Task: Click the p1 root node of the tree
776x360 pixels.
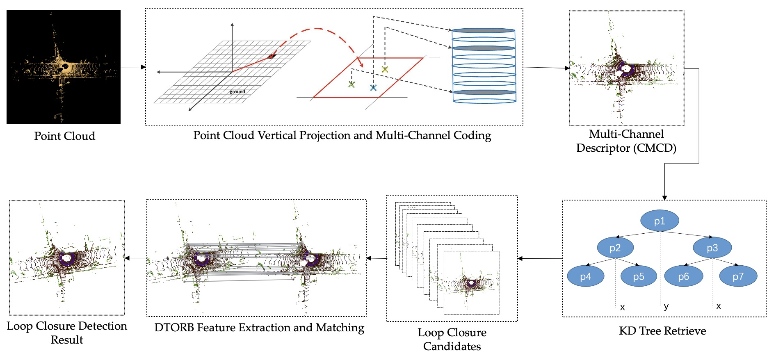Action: coord(660,221)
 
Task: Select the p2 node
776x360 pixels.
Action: coord(615,248)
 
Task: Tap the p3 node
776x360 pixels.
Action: coord(712,248)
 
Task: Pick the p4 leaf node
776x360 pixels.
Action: coord(585,276)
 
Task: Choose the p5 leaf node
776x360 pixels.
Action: coord(639,276)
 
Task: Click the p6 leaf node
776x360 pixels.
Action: coord(683,276)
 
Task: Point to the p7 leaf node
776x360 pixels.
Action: coord(738,276)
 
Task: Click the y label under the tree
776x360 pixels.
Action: coord(666,306)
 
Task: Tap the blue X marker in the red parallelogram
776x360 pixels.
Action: coord(373,87)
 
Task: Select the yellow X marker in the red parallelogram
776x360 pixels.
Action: coord(385,70)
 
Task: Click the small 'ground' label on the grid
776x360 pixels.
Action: coord(237,91)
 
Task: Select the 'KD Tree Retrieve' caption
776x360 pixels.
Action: coord(662,331)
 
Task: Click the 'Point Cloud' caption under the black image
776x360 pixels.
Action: coord(64,136)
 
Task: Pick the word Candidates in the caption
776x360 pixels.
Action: coord(452,346)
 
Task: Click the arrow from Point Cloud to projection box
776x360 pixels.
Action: coord(133,67)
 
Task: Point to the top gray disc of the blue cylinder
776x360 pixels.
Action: coord(484,30)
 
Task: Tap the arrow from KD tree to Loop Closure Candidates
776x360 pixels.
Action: coord(539,259)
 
